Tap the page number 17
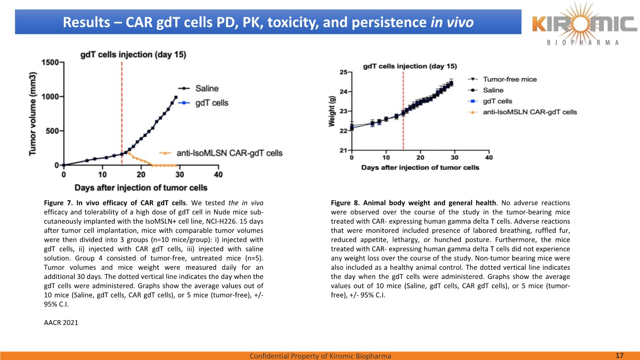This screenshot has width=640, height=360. coord(619,356)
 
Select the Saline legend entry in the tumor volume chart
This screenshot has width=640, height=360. coord(207,88)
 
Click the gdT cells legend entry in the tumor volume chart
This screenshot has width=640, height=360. coord(212,103)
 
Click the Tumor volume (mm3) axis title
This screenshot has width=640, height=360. coord(33,114)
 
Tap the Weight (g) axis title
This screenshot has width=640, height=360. coord(332,110)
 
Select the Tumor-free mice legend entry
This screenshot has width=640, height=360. coord(510,79)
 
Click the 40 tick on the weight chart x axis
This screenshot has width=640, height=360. coord(489,157)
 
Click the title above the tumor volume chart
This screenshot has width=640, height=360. coord(133,54)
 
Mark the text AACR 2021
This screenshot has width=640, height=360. coord(60,323)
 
